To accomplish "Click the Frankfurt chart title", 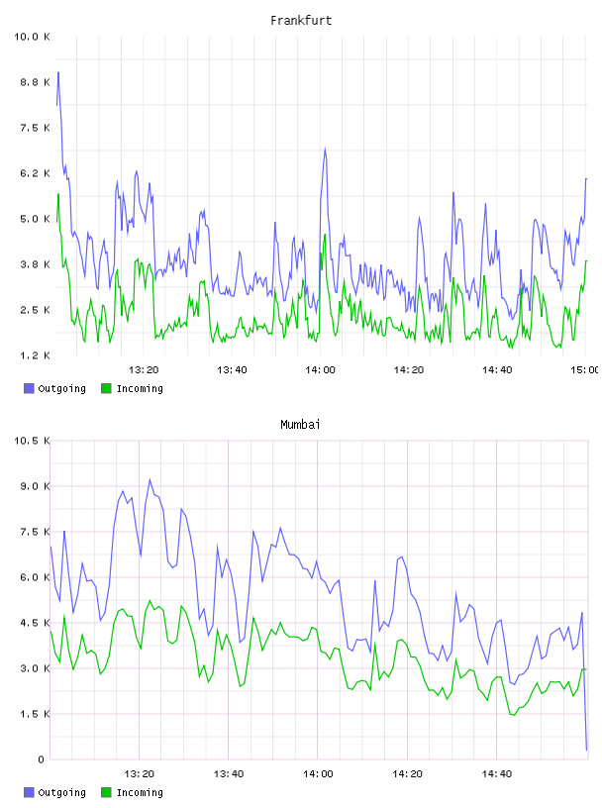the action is pyautogui.click(x=301, y=20).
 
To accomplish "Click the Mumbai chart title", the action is pyautogui.click(x=300, y=424).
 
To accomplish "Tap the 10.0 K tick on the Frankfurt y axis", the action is pyautogui.click(x=32, y=37).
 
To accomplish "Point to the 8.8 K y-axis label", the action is pyautogui.click(x=35, y=82).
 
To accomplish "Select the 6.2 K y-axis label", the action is pyautogui.click(x=35, y=173).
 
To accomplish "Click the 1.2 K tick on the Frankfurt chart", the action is pyautogui.click(x=35, y=355).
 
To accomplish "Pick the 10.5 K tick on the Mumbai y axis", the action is pyautogui.click(x=32, y=441).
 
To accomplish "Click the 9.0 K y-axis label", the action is pyautogui.click(x=35, y=486).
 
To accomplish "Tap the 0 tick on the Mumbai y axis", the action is pyautogui.click(x=41, y=759).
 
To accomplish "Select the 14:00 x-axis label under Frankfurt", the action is pyautogui.click(x=320, y=369).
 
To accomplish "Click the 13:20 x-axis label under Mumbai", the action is pyautogui.click(x=140, y=773).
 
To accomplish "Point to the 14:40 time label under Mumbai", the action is pyautogui.click(x=497, y=773).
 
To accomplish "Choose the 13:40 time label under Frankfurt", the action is pyautogui.click(x=232, y=369).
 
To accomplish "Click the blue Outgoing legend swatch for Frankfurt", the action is pyautogui.click(x=29, y=388).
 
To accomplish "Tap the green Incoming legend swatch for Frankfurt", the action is pyautogui.click(x=106, y=388).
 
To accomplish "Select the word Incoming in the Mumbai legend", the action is pyautogui.click(x=140, y=792).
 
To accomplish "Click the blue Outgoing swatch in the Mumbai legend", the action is pyautogui.click(x=29, y=792).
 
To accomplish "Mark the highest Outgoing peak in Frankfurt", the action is pyautogui.click(x=58, y=72).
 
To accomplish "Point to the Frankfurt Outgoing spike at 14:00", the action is pyautogui.click(x=325, y=149).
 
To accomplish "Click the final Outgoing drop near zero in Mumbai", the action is pyautogui.click(x=586, y=750).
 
